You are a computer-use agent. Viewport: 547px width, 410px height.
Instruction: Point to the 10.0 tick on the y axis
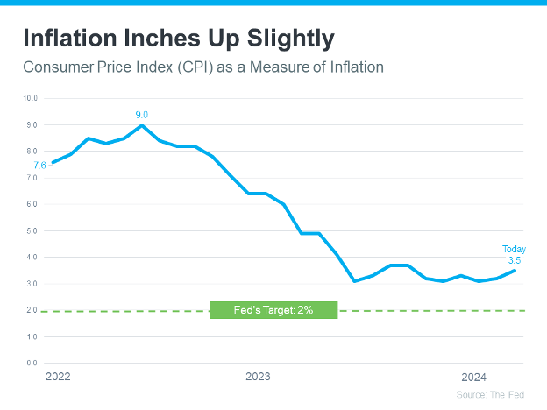coord(31,98)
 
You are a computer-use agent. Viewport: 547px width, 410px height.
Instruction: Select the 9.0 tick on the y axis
coord(31,125)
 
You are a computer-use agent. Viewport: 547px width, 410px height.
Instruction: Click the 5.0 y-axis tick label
coord(31,230)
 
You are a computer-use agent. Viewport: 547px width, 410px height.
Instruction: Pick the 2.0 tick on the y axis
coord(31,310)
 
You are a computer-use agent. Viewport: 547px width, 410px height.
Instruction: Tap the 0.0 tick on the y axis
coord(31,363)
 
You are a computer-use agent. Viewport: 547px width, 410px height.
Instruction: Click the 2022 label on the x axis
coord(58,377)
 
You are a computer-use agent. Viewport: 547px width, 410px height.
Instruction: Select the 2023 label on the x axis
coord(258,377)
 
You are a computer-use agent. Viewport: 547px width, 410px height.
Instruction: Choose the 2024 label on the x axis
coord(474,377)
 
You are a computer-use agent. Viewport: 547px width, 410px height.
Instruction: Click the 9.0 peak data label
coord(142,115)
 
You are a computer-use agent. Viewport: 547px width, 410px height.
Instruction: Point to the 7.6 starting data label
coord(40,165)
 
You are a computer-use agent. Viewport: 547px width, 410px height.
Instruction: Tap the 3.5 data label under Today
coord(515,260)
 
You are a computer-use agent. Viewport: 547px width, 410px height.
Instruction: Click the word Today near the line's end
coord(515,250)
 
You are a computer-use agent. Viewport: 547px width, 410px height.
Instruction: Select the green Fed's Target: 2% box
coord(273,310)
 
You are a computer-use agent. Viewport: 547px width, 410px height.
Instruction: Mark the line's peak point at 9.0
coord(142,125)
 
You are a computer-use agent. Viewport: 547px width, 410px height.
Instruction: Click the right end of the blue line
coord(515,271)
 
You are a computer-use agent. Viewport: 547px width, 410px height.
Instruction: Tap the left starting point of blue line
coord(53,162)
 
